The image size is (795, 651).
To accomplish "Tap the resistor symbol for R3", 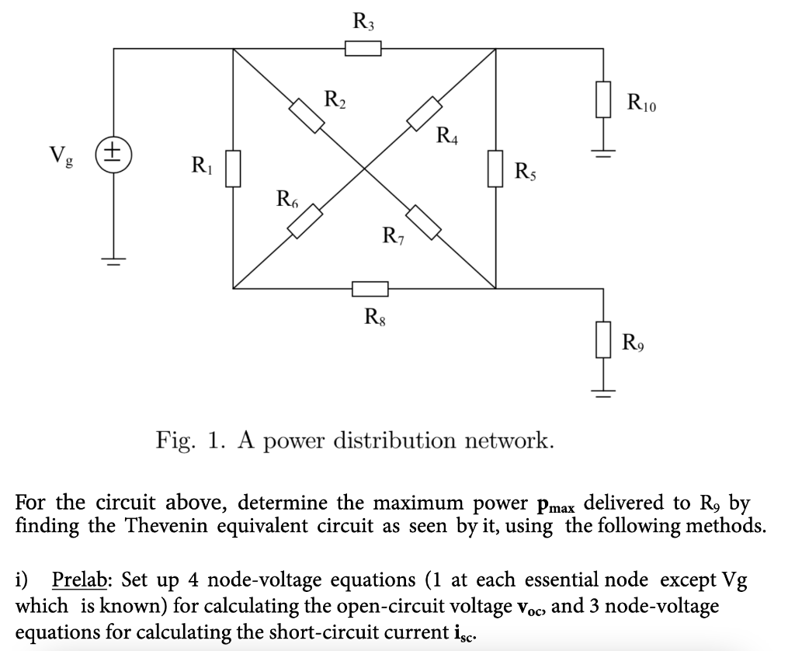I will click(363, 49).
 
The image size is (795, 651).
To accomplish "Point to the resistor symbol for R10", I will click(603, 100).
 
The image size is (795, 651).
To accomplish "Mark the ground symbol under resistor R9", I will click(603, 389).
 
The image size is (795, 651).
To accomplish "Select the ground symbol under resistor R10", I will click(603, 150).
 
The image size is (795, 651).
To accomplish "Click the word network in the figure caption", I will click(510, 441).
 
